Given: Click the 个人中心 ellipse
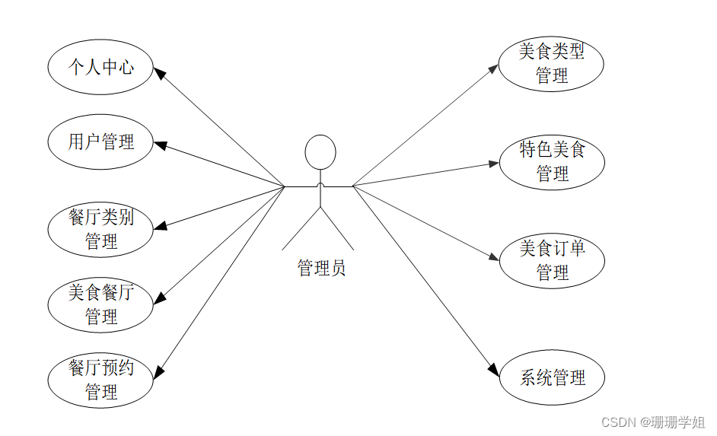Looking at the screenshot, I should (x=100, y=67).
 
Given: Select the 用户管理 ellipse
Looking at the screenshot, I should (x=100, y=142).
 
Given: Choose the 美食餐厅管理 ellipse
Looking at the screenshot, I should (x=100, y=304).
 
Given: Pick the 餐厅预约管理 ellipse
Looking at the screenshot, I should (x=100, y=380).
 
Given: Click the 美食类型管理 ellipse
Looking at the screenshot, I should (x=551, y=64).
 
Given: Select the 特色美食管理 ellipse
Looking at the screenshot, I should (x=551, y=161).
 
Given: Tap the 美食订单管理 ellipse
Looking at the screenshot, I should (x=551, y=260).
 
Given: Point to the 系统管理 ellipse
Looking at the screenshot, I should (x=551, y=377).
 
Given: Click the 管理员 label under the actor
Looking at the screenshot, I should (x=321, y=268).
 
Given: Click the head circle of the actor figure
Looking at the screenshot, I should (x=320, y=152).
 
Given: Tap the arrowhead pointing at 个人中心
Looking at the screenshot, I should (x=160, y=72).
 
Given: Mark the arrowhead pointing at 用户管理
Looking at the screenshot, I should (x=160, y=145).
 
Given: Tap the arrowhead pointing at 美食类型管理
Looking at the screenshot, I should (x=493, y=68).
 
